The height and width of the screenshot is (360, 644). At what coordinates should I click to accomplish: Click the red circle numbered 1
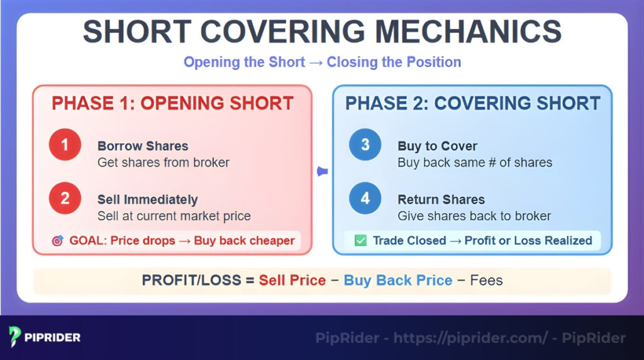click(65, 145)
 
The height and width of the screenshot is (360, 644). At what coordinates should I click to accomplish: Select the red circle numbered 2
click(65, 199)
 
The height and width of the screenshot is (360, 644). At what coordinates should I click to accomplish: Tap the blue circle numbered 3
click(365, 145)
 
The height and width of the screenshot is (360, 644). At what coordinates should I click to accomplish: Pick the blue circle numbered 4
click(365, 199)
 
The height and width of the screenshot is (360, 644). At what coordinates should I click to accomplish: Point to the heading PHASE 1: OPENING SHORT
click(172, 103)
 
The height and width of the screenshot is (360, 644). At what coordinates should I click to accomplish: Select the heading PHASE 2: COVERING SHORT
click(472, 103)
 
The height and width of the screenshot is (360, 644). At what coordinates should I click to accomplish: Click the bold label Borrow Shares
click(143, 146)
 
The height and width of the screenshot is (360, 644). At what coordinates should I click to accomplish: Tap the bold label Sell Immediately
click(147, 200)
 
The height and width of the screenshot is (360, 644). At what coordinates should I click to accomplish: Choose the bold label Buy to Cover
click(437, 146)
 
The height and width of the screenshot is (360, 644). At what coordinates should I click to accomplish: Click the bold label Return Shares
click(441, 200)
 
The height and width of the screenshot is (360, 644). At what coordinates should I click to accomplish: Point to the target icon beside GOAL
click(57, 240)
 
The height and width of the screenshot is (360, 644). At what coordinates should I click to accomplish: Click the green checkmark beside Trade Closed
click(360, 240)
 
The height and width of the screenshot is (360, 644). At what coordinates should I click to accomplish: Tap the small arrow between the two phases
click(322, 171)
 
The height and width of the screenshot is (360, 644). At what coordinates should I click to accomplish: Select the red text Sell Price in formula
click(292, 280)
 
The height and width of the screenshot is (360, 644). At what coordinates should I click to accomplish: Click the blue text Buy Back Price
click(397, 280)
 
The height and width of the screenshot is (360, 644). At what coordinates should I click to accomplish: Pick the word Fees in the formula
click(486, 280)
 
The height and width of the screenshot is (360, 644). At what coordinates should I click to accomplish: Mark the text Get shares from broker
click(163, 162)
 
